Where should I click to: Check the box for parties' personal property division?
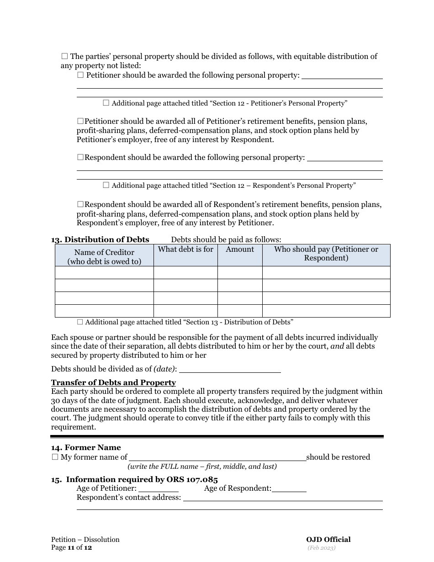(64, 57)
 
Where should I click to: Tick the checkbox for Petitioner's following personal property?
(80, 75)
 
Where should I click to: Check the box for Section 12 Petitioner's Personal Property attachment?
(106, 103)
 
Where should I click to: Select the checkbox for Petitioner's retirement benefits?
(80, 122)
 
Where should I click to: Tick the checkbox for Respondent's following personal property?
(80, 157)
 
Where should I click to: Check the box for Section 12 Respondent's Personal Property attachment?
(106, 186)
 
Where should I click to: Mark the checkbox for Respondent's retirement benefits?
(80, 205)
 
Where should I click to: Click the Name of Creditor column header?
(104, 256)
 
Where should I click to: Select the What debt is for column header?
(185, 249)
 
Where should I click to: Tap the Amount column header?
(240, 249)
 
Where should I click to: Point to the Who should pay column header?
(326, 254)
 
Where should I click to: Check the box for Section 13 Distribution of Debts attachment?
(80, 322)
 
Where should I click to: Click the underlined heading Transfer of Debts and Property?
(113, 383)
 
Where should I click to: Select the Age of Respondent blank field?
(289, 488)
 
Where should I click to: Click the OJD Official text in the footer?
(328, 540)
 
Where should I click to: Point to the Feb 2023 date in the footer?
(322, 548)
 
